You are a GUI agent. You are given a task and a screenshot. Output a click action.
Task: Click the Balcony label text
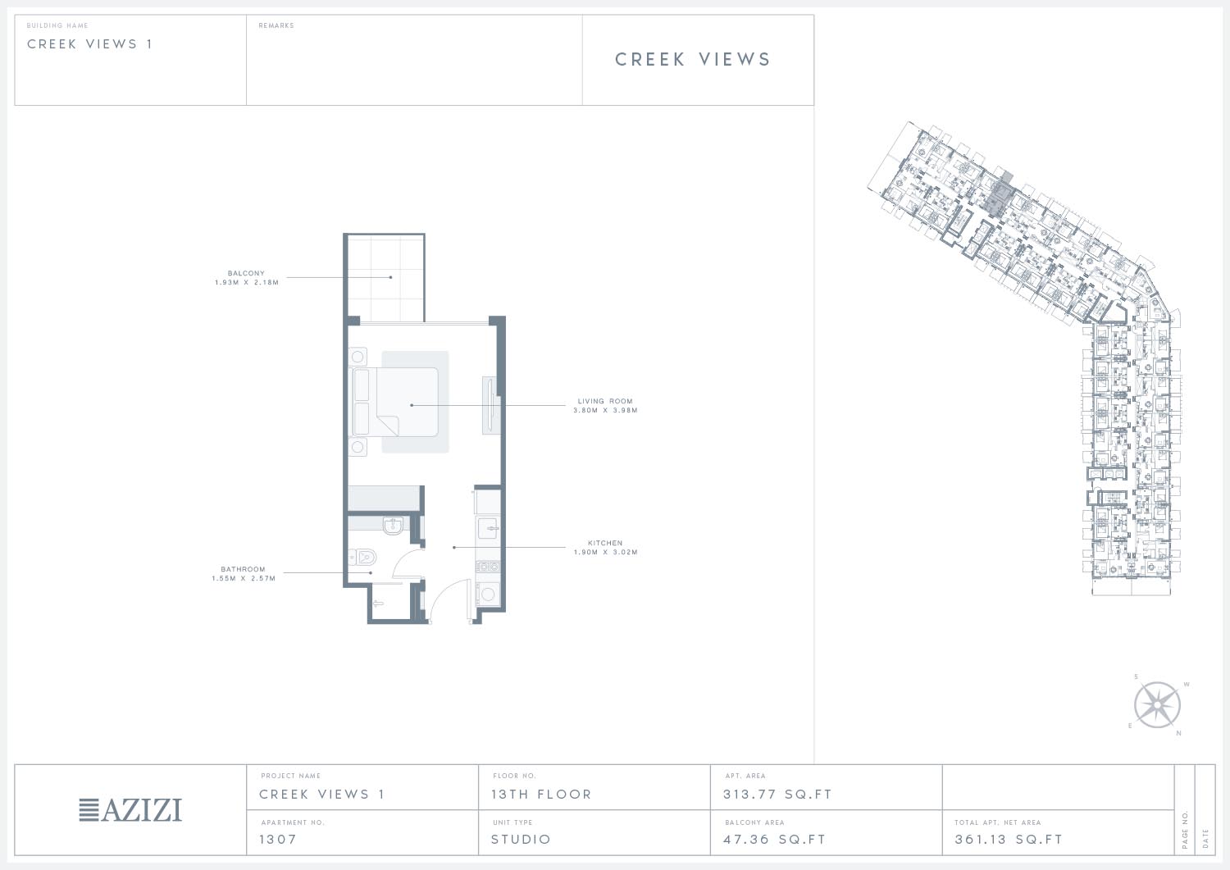tap(246, 273)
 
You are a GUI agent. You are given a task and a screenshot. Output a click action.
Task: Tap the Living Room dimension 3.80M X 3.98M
tap(605, 410)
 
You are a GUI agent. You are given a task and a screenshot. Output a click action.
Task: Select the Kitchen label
tap(605, 543)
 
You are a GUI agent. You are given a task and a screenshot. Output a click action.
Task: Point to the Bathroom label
tap(243, 569)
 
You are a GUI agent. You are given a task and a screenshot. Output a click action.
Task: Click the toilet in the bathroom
tap(362, 557)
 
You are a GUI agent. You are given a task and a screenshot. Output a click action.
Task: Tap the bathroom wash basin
tap(393, 526)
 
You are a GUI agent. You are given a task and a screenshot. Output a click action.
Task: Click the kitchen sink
tap(488, 528)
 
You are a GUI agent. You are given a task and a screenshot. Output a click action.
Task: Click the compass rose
tap(1157, 705)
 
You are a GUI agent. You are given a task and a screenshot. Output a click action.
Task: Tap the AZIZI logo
tap(130, 810)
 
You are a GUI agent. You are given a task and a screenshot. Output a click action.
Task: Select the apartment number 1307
tap(278, 839)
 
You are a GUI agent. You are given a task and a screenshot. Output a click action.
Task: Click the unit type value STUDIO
tap(521, 839)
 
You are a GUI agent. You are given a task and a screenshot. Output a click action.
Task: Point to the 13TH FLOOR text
tap(541, 795)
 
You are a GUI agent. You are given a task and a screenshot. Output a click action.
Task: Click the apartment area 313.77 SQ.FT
tap(777, 795)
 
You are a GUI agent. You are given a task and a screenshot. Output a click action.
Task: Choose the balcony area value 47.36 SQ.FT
tap(774, 839)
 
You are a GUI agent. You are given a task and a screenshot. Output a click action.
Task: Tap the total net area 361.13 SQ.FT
tap(1009, 839)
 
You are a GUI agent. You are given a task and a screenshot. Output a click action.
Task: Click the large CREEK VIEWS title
tap(693, 59)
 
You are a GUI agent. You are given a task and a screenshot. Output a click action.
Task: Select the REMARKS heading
tap(276, 25)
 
